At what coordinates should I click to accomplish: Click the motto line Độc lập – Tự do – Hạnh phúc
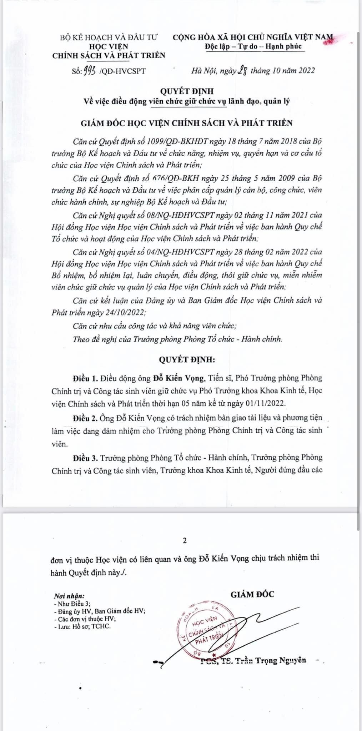253,46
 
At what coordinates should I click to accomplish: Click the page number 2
184,540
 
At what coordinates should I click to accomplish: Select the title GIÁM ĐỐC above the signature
252,594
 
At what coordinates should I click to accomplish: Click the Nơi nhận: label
69,596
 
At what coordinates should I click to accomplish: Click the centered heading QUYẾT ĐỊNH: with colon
187,359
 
